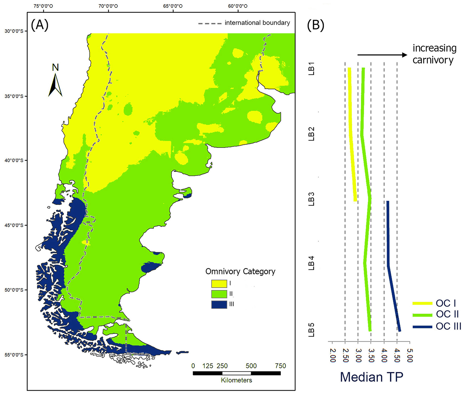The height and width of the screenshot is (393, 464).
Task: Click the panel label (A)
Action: tap(40, 25)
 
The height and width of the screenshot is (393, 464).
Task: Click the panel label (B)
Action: tap(315, 25)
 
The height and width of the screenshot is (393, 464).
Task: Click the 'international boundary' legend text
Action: tap(257, 23)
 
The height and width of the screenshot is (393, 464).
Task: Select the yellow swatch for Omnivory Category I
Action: tap(219, 284)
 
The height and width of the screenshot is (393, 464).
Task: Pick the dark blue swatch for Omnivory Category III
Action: tap(219, 305)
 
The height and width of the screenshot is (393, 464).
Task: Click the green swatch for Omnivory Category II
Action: tap(219, 294)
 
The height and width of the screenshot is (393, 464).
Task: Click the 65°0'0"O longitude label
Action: tap(173, 6)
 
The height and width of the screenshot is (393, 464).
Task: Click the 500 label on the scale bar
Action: tap(251, 366)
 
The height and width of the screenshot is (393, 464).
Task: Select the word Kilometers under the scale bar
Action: tap(236, 380)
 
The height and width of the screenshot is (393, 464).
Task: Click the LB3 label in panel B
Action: tap(311, 200)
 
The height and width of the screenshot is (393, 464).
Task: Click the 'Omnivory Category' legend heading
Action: tap(240, 272)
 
